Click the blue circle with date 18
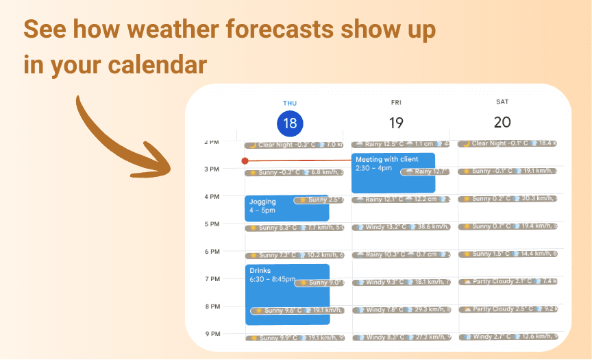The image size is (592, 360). click(x=290, y=123)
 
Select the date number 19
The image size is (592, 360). click(x=396, y=123)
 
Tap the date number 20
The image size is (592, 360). click(x=502, y=123)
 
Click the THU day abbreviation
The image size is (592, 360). click(x=290, y=103)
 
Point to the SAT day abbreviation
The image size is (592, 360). click(x=502, y=102)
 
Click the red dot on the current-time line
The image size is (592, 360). click(x=245, y=161)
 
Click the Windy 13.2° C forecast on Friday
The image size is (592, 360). click(x=401, y=227)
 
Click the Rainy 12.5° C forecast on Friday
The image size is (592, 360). click(x=401, y=145)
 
